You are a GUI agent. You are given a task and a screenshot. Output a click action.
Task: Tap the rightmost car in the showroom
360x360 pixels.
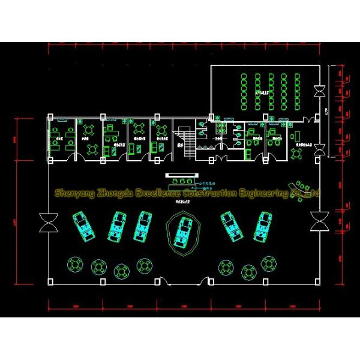coord(263,225)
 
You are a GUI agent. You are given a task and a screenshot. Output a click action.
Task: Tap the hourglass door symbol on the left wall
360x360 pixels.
coord(47,223)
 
